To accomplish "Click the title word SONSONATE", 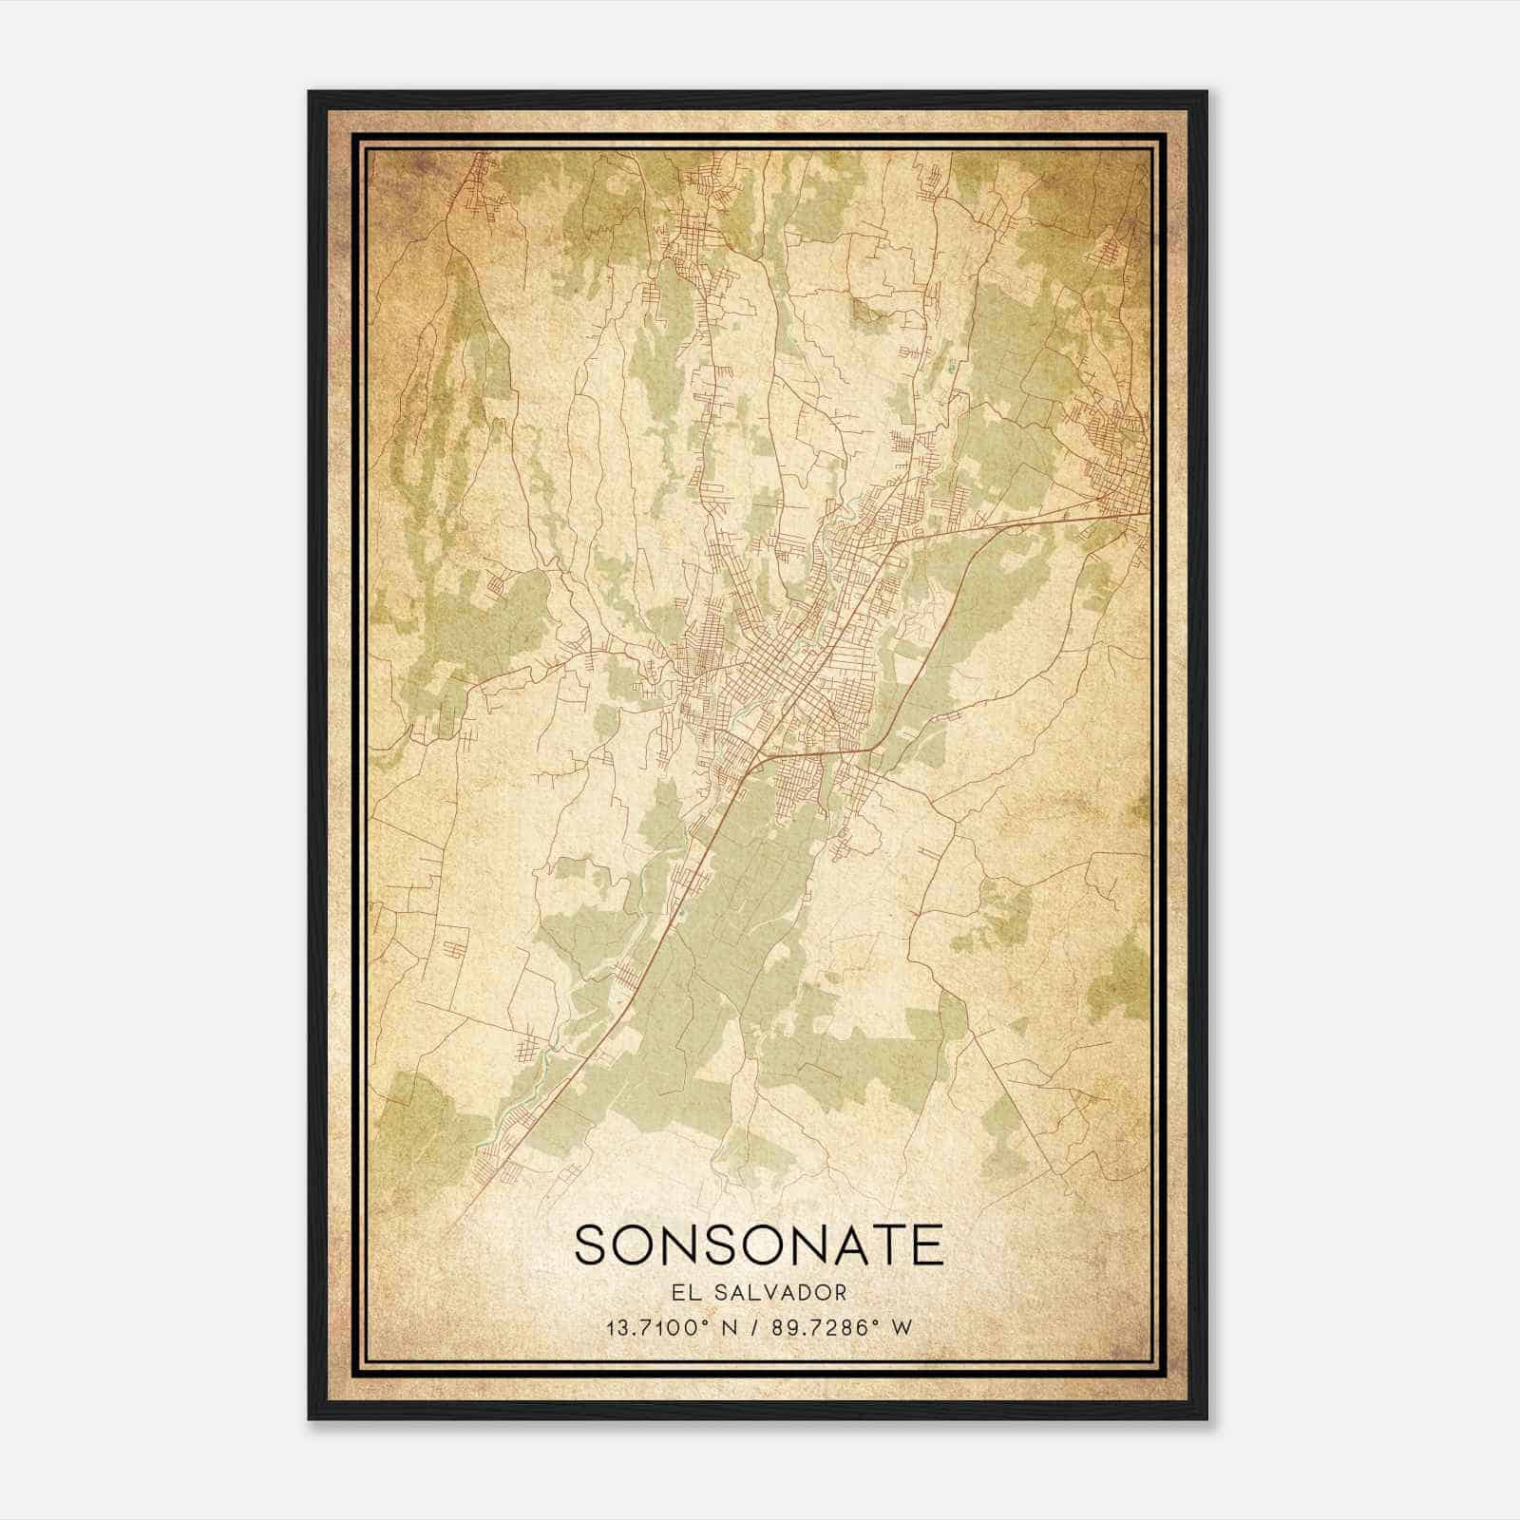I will [759, 1245].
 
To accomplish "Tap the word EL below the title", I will [683, 1292].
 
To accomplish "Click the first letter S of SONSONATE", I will [590, 1245].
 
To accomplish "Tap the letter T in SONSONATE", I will [887, 1245].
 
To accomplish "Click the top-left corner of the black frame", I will [310, 92].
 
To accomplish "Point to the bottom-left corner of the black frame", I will [310, 1418].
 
